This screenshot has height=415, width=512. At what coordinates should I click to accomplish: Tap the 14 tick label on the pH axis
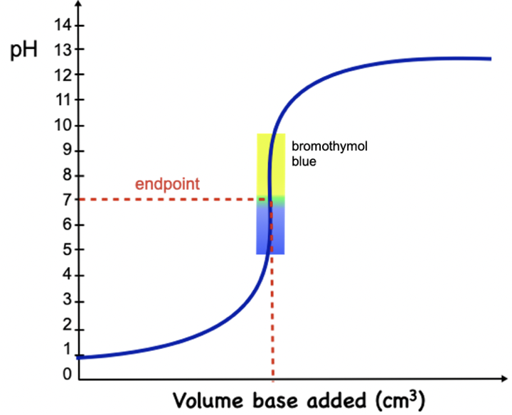pos(62,26)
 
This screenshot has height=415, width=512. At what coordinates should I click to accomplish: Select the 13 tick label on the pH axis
pos(62,50)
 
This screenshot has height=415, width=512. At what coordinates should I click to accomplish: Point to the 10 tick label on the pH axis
pos(62,126)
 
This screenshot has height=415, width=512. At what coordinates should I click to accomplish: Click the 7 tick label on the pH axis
pos(65,200)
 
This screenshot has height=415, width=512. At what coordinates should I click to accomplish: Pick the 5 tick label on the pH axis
pos(65,250)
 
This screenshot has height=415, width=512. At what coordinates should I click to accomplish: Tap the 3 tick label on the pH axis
pos(65,301)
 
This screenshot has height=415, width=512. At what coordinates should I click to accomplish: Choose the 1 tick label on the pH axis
pos(65,350)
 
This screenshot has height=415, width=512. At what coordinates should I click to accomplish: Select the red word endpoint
pos(168,185)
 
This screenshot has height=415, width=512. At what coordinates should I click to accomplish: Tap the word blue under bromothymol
pos(303,161)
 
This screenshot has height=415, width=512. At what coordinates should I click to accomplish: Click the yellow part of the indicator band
pos(271,163)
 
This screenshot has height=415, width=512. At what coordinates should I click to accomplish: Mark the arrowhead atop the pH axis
pos(78,6)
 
